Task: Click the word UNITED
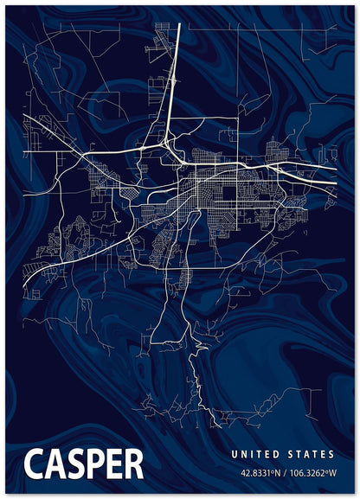[x=255, y=454]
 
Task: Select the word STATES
[x=309, y=454]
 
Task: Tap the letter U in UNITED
[x=234, y=454]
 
